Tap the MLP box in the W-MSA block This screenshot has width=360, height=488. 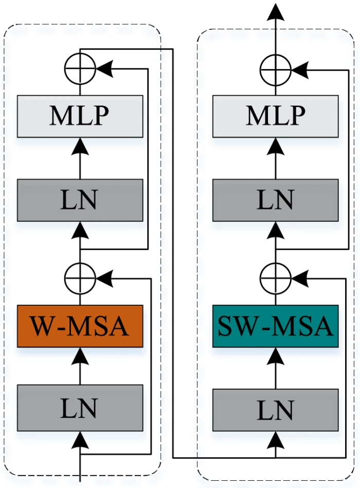pos(80,116)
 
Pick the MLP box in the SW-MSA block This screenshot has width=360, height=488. pos(276,116)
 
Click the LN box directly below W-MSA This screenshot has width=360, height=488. pos(80,409)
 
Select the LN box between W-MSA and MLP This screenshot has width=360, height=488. pos(80,200)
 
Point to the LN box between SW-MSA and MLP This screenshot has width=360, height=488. pos(276,200)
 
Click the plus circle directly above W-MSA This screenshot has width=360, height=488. pos(80,278)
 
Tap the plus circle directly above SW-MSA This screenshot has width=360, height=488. pos(276,278)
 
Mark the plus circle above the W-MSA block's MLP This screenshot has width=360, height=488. pos(80,68)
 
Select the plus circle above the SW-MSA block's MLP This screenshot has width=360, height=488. pos(276,68)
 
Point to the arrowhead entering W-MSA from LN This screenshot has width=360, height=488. pos(80,355)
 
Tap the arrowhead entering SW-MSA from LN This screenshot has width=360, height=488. pos(276,355)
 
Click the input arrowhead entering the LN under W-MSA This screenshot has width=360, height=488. pos(80,439)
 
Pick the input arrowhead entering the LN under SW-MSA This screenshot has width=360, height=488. pos(276,439)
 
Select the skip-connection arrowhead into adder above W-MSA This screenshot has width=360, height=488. pos(104,278)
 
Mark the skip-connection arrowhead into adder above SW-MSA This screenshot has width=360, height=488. pos(300,278)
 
